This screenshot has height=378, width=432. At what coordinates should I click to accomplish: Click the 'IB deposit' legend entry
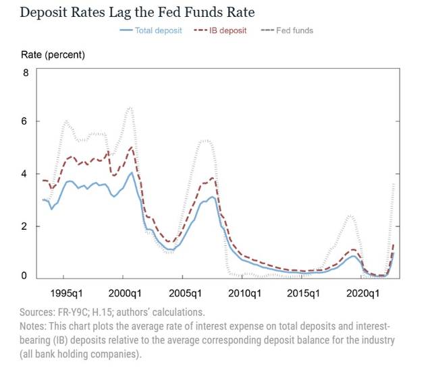[x=222, y=30]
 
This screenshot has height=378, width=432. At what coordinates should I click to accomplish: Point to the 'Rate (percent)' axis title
[x=54, y=54]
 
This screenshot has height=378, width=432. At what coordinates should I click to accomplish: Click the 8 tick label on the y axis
[x=26, y=72]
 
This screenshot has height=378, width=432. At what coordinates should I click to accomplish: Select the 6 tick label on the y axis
[x=26, y=121]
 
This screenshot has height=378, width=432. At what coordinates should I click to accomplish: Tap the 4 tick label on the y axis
[x=26, y=174]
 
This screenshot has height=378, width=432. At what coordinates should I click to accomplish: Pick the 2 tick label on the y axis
[x=26, y=226]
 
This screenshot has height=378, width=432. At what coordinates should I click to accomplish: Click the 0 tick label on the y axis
[x=26, y=276]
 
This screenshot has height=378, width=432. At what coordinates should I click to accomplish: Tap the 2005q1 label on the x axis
[x=184, y=294]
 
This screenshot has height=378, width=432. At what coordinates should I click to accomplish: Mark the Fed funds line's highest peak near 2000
[x=130, y=107]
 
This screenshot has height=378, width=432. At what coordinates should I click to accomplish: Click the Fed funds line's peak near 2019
[x=350, y=216]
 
